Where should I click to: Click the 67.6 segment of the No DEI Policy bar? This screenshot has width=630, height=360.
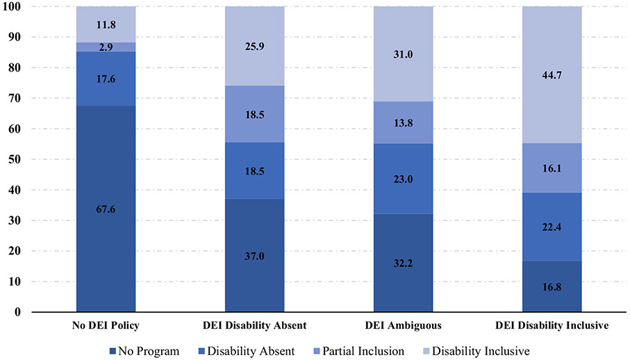(106, 208)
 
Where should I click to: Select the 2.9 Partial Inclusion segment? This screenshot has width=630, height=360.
(106, 47)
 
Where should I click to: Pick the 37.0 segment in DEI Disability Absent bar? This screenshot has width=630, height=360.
(254, 255)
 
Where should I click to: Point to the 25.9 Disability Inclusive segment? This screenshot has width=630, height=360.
(254, 46)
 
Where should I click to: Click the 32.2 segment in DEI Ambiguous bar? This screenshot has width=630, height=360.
(403, 263)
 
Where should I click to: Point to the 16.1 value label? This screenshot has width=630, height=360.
(552, 167)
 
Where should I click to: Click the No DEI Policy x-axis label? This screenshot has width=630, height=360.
(106, 326)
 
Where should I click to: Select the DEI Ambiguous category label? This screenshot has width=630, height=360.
(403, 326)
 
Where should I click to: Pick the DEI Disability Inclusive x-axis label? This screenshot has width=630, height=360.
(552, 326)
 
